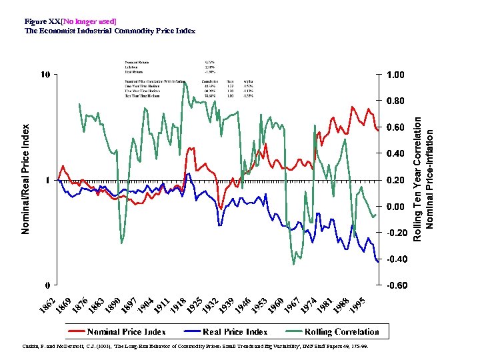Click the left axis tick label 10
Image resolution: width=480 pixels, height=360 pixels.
click(x=45, y=74)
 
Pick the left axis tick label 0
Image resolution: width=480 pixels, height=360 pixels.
click(x=47, y=285)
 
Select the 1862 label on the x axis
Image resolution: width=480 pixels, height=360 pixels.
click(x=49, y=304)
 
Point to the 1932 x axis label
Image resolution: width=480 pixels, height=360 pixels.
click(x=211, y=304)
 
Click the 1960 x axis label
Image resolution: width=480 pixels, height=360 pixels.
click(x=275, y=304)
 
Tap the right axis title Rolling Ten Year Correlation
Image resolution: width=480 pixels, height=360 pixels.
click(x=417, y=179)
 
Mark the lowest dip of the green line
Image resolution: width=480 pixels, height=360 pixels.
click(x=294, y=264)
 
